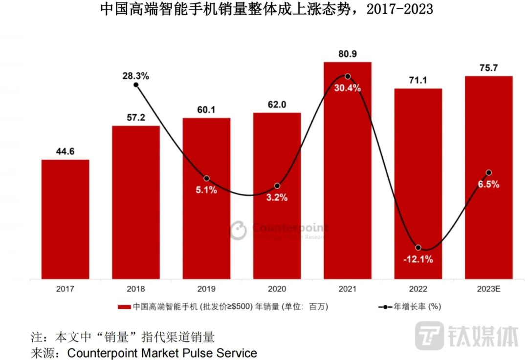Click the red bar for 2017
click(x=65, y=219)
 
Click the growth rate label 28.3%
click(x=135, y=76)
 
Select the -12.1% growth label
click(x=418, y=259)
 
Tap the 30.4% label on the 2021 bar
click(x=347, y=88)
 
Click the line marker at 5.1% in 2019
click(x=206, y=178)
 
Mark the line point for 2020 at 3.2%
click(x=277, y=186)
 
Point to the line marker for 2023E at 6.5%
click(x=488, y=172)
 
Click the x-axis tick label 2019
click(x=206, y=289)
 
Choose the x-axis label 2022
click(x=418, y=289)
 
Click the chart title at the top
click(x=266, y=9)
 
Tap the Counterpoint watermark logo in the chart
click(x=239, y=230)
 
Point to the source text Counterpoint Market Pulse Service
click(x=162, y=352)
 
